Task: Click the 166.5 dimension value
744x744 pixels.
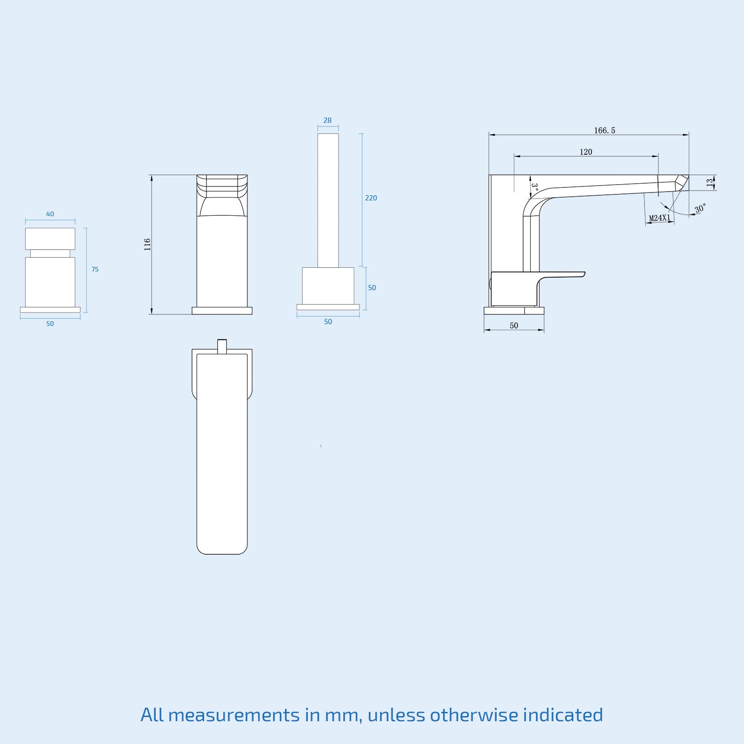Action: coord(604,131)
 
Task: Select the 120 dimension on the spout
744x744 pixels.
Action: coord(586,152)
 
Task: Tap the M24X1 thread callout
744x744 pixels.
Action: coord(660,218)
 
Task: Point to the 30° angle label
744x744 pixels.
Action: coord(700,208)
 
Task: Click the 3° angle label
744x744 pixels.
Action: coord(535,187)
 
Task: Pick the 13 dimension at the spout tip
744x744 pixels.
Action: coord(710,183)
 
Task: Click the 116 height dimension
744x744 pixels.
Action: coord(147,245)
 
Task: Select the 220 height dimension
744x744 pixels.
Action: coord(371,198)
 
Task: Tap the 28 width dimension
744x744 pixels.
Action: coord(327,120)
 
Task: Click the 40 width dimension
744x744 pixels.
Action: coord(50,214)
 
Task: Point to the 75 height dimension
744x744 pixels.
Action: coord(95,269)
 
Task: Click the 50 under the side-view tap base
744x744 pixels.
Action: coord(513,325)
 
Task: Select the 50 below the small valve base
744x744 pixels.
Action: coord(50,324)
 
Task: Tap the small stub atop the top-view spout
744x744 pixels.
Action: coord(222,346)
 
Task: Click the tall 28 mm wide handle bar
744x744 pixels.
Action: coord(328,200)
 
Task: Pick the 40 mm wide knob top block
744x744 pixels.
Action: coord(50,239)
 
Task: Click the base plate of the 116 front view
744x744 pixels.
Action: coord(222,311)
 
